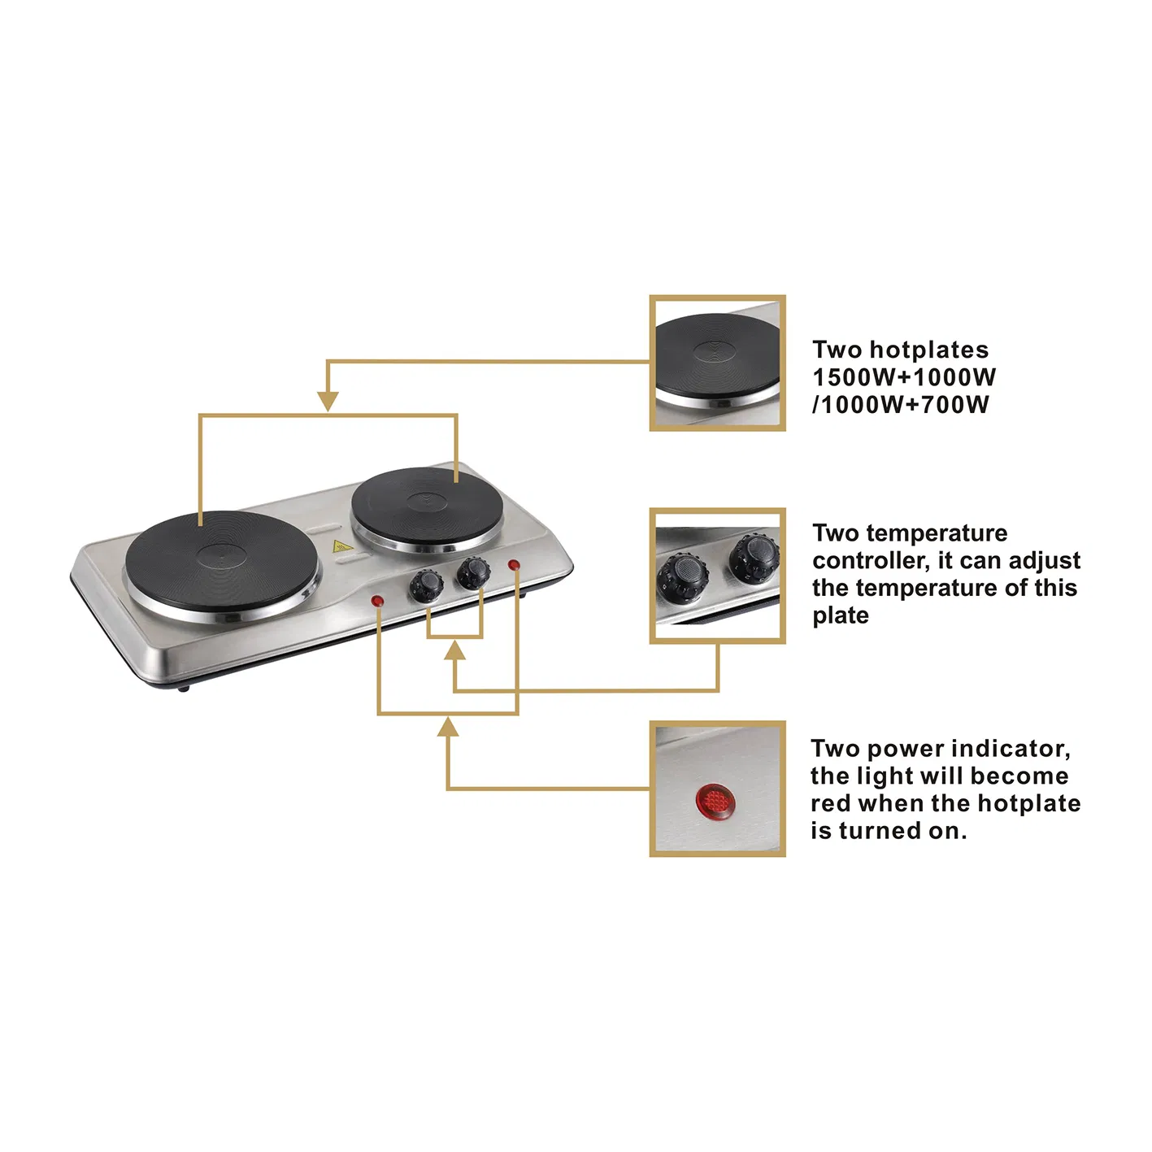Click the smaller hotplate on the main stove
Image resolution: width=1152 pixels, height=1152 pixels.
coord(427,504)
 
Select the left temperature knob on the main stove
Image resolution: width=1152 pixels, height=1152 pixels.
coord(424,585)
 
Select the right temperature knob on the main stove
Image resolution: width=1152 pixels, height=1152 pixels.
coord(472,572)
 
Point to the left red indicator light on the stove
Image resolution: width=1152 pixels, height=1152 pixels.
coord(377,602)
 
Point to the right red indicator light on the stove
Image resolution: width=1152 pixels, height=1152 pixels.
coord(514,565)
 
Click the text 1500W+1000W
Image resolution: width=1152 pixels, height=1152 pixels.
coord(903,377)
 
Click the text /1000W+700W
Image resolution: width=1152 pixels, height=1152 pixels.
coord(900,405)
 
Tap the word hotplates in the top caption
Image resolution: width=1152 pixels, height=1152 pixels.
coord(928,350)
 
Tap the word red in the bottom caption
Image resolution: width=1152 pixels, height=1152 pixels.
coord(830,803)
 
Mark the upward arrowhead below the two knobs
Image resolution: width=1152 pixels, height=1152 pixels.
coord(455,650)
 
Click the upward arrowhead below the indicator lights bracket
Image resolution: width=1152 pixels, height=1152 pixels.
coord(447,727)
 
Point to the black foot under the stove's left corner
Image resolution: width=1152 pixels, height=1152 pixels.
coord(184,688)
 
